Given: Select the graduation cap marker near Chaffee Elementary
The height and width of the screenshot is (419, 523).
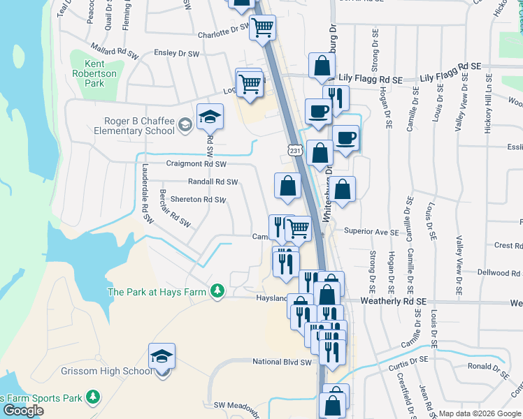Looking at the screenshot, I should (x=209, y=117).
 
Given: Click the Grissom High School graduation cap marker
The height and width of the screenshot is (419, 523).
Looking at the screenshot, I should (x=162, y=357).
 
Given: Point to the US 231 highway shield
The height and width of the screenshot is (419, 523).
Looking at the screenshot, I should (x=294, y=150).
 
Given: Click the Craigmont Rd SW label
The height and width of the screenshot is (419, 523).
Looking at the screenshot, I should (x=196, y=164).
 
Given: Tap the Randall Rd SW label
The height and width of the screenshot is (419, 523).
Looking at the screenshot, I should (x=213, y=182).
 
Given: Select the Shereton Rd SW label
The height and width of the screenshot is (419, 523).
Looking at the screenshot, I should (x=198, y=200).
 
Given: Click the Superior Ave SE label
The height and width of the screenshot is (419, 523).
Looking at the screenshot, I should (x=371, y=232).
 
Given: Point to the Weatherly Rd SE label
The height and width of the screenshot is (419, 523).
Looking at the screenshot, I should (x=393, y=301).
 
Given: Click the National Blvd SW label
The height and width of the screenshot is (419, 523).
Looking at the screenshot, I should (x=281, y=362).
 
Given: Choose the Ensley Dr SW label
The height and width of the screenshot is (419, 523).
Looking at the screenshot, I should (x=176, y=53).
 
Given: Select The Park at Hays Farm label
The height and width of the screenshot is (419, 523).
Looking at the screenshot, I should (x=157, y=291).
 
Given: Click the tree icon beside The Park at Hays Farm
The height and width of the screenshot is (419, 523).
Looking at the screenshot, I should (x=217, y=290).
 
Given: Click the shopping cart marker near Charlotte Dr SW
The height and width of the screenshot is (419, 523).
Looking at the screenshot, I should (x=264, y=29).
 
